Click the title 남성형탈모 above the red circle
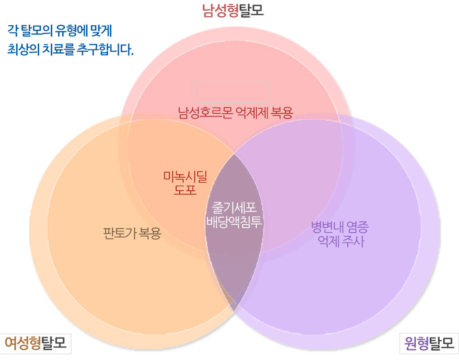(233, 10)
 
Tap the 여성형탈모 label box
(36, 344)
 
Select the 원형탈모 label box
(429, 344)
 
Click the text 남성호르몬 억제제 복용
(235, 112)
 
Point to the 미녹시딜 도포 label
(185, 183)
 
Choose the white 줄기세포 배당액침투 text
(234, 215)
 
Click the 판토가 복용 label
(132, 234)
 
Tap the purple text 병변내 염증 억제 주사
(341, 234)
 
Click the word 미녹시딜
(185, 177)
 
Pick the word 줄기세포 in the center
(234, 208)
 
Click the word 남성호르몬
(205, 112)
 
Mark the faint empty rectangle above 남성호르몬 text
(232, 91)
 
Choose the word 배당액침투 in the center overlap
(234, 221)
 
